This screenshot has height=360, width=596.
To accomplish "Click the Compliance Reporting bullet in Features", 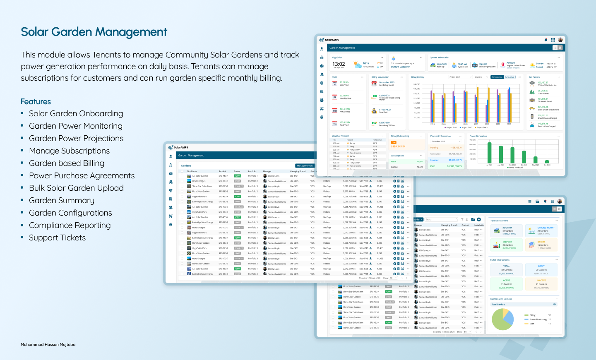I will click(70, 226).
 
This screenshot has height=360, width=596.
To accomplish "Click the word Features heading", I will click(36, 102).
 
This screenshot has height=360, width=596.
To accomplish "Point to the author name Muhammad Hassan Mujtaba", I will click(48, 345).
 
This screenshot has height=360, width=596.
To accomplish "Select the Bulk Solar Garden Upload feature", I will click(76, 188).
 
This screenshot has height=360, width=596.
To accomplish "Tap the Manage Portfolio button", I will click(305, 166).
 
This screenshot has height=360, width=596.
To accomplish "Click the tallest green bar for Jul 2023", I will click(489, 153).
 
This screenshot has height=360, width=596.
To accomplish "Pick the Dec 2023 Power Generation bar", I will click(547, 162).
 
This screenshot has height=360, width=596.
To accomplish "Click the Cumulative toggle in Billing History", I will click(509, 77).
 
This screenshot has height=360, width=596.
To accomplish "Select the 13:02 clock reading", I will click(339, 64).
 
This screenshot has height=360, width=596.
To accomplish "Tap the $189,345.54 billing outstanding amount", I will click(398, 146).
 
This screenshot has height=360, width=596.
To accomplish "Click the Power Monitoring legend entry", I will click(538, 319).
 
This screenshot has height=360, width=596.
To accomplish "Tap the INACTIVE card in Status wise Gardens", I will click(541, 284).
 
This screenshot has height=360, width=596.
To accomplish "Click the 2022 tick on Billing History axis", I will click(509, 124).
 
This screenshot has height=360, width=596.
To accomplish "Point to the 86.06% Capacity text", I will click(400, 67).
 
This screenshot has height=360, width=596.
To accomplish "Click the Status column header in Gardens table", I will click(237, 171).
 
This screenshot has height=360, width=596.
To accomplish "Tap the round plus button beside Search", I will click(479, 219).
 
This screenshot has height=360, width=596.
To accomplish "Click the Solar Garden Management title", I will click(94, 32).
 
